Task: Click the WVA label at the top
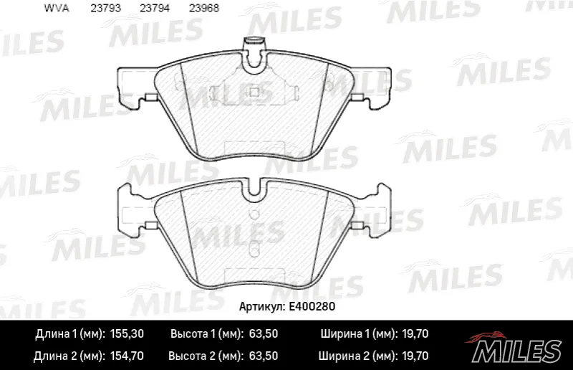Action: (57, 8)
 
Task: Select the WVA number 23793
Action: (105, 8)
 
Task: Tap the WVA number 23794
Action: (155, 8)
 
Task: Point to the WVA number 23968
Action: (204, 8)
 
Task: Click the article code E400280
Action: (312, 306)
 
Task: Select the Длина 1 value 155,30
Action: (127, 333)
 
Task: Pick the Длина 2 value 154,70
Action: (127, 356)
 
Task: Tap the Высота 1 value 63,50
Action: (263, 333)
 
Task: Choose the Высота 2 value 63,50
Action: (263, 356)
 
